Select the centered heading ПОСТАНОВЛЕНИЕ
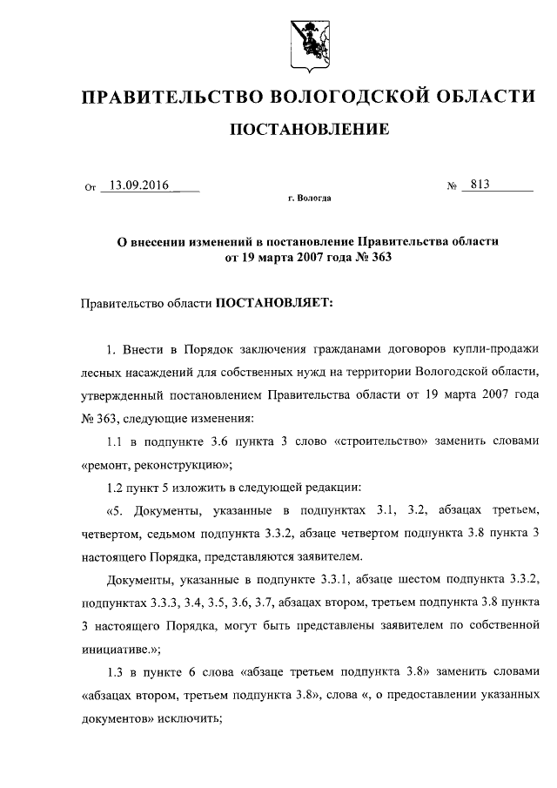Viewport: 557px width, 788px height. pyautogui.click(x=308, y=131)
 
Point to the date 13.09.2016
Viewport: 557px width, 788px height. pyautogui.click(x=135, y=185)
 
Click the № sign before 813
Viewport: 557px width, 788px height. pyautogui.click(x=452, y=185)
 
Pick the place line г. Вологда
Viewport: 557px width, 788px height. pyautogui.click(x=309, y=199)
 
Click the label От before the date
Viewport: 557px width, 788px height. pyautogui.click(x=89, y=186)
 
